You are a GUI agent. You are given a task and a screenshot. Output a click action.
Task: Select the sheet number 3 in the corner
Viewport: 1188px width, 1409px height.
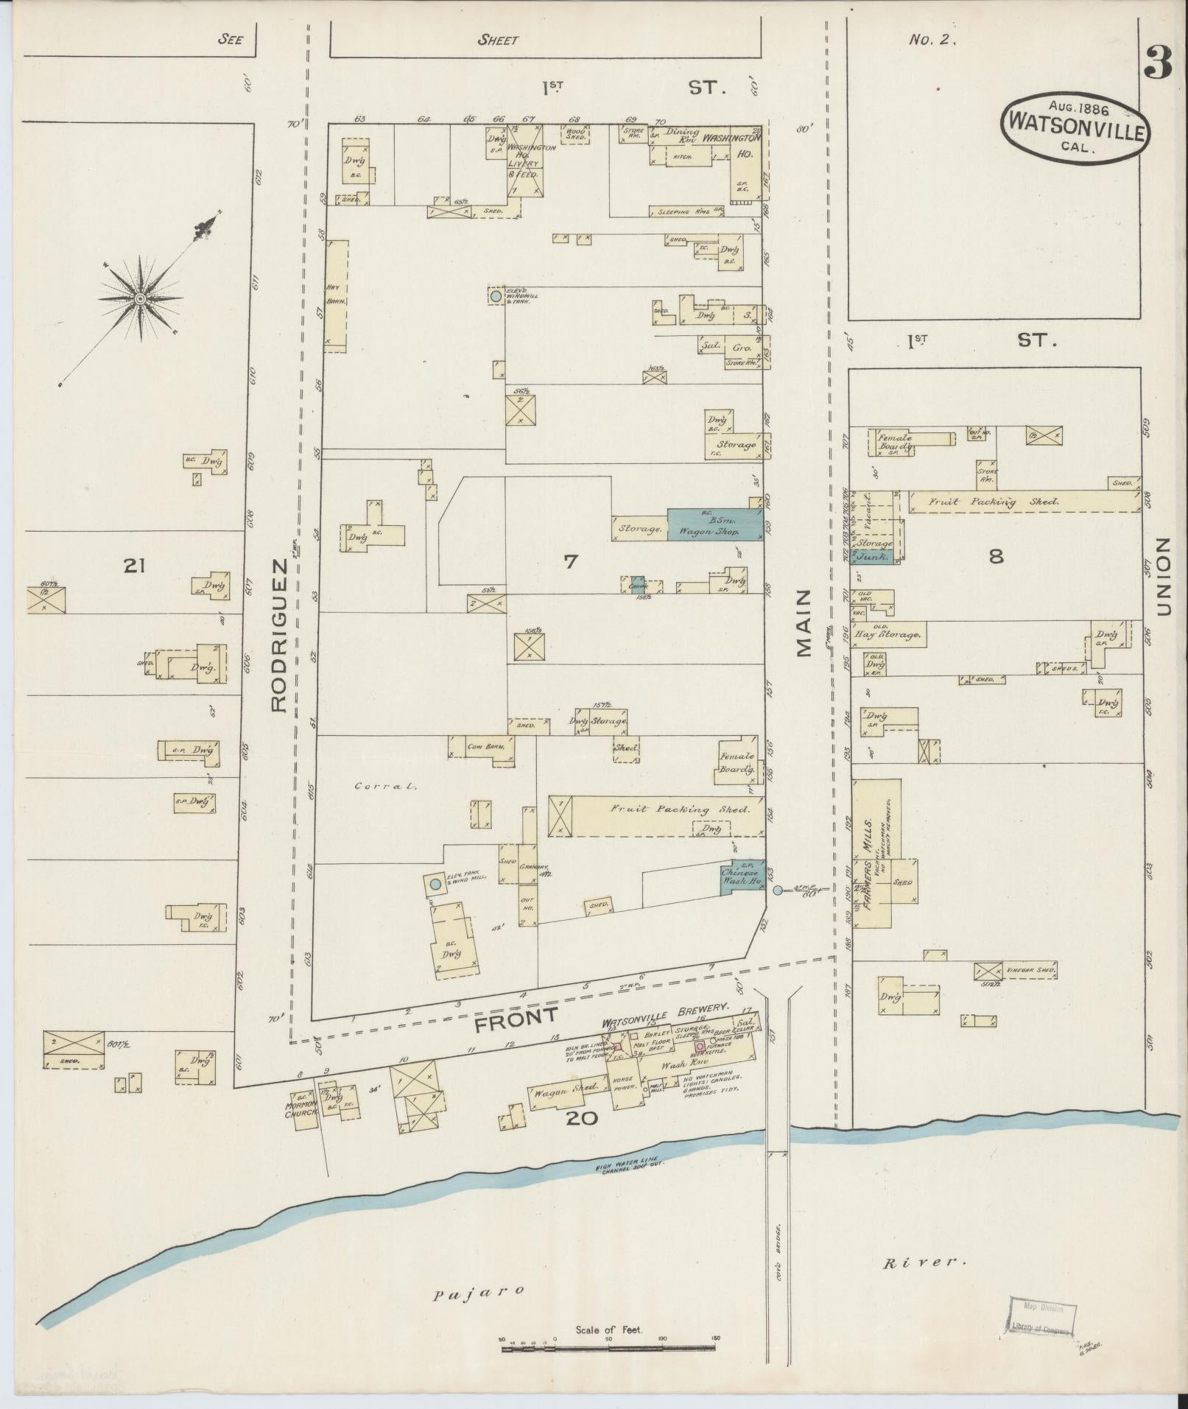tap(1159, 67)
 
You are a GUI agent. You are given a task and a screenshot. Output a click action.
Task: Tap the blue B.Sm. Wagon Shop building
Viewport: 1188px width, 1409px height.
tap(714, 524)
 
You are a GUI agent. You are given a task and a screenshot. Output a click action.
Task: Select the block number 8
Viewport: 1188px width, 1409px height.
tap(996, 556)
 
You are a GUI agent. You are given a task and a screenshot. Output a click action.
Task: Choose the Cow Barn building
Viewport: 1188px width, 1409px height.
tap(485, 747)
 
